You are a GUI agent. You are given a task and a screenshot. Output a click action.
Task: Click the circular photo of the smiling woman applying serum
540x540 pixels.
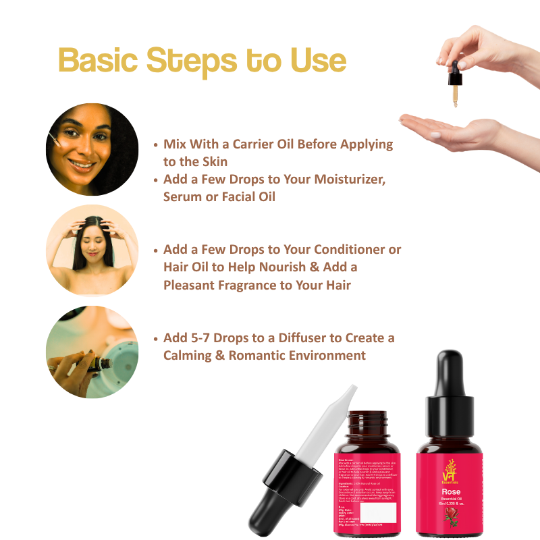pos(92,149)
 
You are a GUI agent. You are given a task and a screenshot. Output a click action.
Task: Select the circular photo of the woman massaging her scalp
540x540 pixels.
pos(92,250)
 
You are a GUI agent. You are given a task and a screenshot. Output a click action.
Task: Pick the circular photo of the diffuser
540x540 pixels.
pos(92,352)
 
